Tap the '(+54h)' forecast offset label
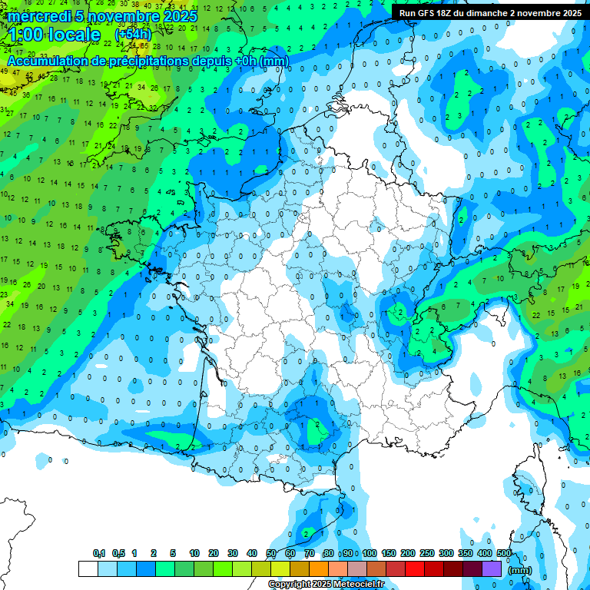click(133, 35)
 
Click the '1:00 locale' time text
click(54, 35)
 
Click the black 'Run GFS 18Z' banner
click(489, 12)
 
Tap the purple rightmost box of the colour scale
click(492, 568)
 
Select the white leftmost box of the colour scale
click(88, 568)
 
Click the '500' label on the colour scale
click(504, 553)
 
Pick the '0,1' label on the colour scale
click(99, 553)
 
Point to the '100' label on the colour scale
click(370, 553)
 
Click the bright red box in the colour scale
click(415, 568)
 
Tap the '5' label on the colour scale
click(174, 553)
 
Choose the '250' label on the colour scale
click(427, 553)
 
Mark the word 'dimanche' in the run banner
click(489, 12)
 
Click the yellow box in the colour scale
click(280, 568)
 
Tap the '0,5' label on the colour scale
click(118, 553)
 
